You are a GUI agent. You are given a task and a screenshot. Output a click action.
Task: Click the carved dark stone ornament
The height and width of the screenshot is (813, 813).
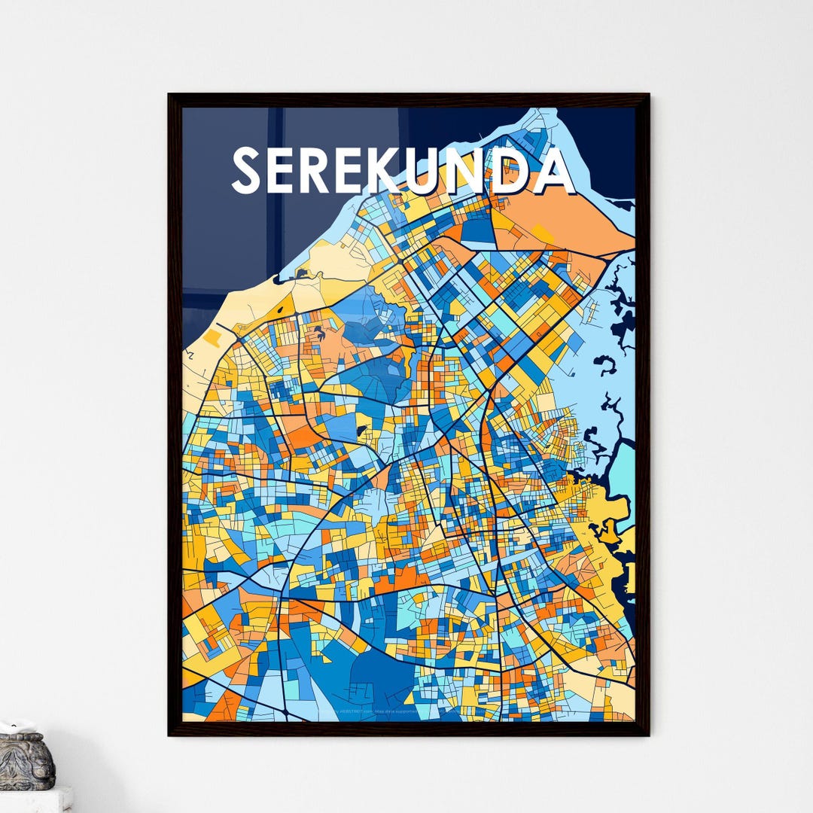[26, 762]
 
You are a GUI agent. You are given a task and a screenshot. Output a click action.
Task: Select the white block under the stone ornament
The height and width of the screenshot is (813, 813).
[34, 799]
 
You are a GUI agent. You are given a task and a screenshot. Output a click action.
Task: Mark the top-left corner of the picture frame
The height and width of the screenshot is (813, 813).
[169, 95]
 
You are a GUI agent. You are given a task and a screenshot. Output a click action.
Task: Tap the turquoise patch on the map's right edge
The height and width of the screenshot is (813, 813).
[623, 474]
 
